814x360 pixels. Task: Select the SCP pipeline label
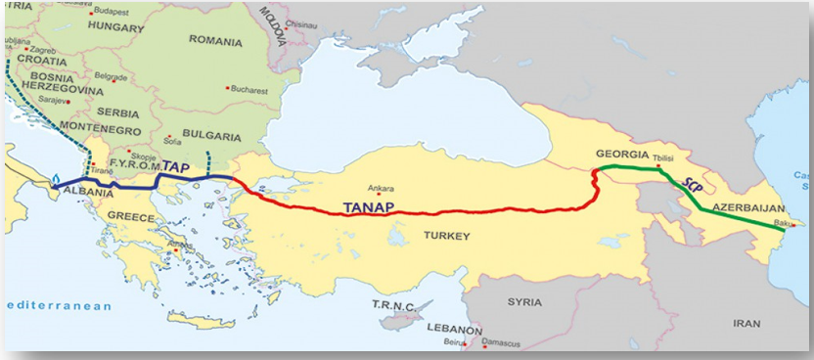[695, 190]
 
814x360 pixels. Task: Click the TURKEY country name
[447, 236]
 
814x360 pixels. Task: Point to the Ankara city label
[353, 188]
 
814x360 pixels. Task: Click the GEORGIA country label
[621, 156]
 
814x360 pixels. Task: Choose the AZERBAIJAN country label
[749, 208]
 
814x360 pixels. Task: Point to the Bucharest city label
[251, 89]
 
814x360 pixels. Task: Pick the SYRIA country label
[524, 302]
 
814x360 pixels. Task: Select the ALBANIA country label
[88, 193]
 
